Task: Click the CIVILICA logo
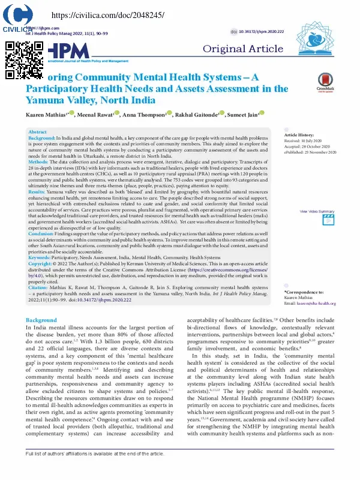click(17, 19)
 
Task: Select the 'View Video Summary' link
click(317, 211)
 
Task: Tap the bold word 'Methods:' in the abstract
click(38, 161)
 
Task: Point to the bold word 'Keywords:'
click(40, 257)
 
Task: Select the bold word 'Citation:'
click(39, 288)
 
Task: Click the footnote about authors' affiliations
click(95, 470)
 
